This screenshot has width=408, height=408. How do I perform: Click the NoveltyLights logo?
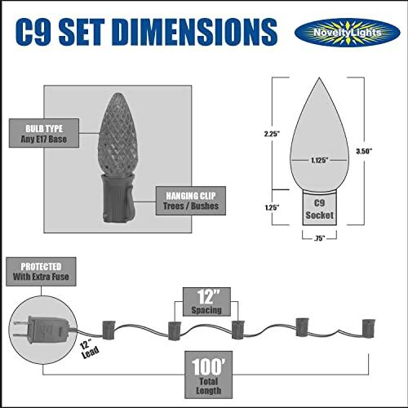[x=348, y=33]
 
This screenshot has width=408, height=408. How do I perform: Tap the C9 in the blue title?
[x=33, y=32]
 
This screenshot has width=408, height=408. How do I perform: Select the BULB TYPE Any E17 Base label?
[x=44, y=133]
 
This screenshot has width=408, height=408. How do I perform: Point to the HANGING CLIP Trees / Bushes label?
[x=191, y=201]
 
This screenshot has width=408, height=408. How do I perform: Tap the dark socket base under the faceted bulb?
[x=118, y=198]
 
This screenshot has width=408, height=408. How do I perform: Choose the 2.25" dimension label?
[x=272, y=134]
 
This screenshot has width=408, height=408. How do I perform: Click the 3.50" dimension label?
[x=364, y=151]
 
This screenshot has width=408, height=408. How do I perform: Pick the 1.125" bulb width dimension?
[x=319, y=160]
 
